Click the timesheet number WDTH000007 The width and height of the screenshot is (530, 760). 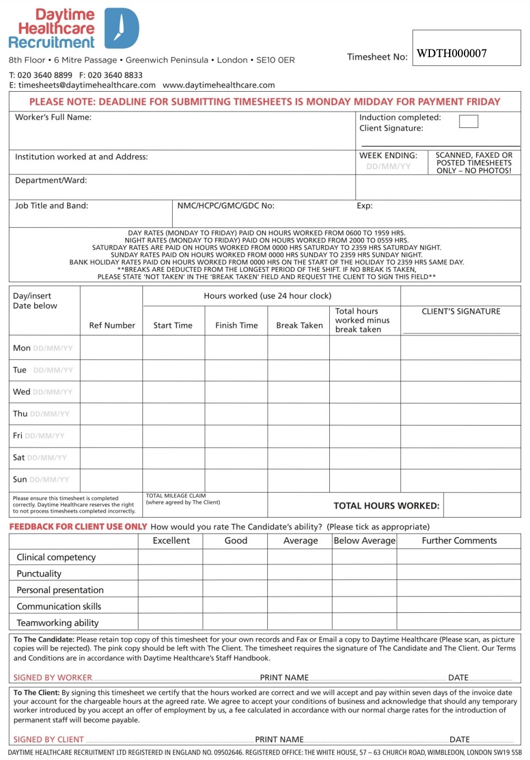(x=452, y=53)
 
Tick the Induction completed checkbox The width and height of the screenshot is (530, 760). (x=468, y=121)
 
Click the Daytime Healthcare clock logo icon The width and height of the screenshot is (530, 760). (x=122, y=28)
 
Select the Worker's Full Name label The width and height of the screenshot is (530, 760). (x=53, y=117)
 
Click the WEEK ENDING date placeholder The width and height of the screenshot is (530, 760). (x=389, y=166)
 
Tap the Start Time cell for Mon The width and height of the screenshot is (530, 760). (x=174, y=348)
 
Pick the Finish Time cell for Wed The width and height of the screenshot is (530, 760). (x=236, y=392)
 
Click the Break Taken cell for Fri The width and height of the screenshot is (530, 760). (x=299, y=436)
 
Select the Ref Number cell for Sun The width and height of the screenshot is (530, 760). (x=112, y=480)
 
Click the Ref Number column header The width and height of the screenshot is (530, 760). (x=112, y=325)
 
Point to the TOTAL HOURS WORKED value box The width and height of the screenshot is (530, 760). (x=482, y=505)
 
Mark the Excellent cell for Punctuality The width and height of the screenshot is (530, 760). (x=170, y=573)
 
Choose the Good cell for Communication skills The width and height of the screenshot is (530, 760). (x=235, y=606)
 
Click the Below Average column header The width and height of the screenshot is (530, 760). (x=365, y=540)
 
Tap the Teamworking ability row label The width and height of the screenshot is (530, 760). (x=58, y=623)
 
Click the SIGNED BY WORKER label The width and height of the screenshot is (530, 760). (x=53, y=678)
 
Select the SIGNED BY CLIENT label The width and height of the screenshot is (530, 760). (x=48, y=740)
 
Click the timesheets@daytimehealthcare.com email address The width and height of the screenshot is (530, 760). (x=87, y=85)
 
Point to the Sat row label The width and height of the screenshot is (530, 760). (x=19, y=457)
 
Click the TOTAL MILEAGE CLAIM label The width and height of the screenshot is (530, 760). (x=176, y=496)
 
